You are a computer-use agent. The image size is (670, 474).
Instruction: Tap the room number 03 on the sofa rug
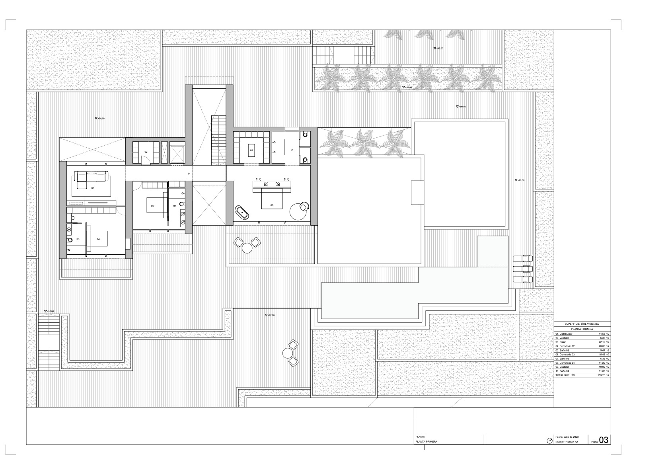click(93, 187)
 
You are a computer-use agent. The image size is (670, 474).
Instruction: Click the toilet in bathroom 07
click(182, 204)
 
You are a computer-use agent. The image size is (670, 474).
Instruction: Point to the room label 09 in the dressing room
click(251, 150)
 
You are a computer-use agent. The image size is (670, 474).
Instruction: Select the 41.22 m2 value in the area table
click(604, 363)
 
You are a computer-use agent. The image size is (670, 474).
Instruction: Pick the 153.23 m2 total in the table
click(604, 375)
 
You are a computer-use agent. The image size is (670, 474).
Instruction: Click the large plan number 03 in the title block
click(604, 439)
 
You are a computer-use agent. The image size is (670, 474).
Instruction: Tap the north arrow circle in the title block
click(550, 441)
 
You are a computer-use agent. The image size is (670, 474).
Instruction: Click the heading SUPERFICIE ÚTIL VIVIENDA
click(582, 324)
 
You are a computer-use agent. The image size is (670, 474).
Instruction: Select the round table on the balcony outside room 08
click(247, 248)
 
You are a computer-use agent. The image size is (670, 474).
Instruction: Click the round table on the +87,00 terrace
click(288, 353)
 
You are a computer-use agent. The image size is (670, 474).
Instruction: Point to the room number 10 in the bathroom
click(292, 150)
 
